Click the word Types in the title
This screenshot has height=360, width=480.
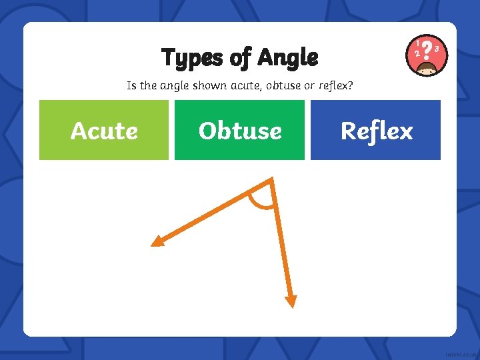click(x=189, y=58)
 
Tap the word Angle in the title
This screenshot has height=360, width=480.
click(x=288, y=58)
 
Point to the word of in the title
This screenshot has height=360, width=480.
click(x=240, y=58)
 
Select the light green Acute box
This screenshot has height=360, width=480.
click(x=104, y=130)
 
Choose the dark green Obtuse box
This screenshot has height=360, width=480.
click(x=239, y=130)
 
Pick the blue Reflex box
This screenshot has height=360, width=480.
click(x=375, y=130)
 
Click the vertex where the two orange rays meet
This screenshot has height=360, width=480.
click(x=271, y=180)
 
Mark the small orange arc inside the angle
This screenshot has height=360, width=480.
click(x=261, y=202)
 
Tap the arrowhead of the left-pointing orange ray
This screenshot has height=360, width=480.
click(x=157, y=241)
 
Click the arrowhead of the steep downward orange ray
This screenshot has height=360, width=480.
click(x=290, y=301)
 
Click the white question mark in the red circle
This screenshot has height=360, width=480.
click(x=427, y=49)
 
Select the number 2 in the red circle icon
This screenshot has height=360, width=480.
click(x=417, y=53)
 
